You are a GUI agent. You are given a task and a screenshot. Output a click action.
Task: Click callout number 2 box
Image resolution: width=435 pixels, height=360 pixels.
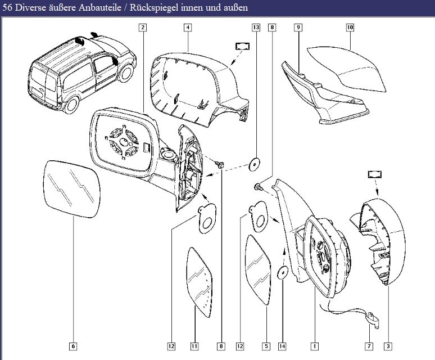[143, 27]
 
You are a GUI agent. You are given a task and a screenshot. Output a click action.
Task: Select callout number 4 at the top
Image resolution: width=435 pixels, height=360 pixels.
[187, 27]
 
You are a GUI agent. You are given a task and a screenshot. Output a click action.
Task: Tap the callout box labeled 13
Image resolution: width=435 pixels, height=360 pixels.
[256, 27]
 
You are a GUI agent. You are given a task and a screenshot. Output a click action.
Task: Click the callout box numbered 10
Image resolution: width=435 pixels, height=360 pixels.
[350, 27]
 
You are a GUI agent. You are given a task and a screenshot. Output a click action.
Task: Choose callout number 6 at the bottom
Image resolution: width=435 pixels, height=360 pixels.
[73, 346]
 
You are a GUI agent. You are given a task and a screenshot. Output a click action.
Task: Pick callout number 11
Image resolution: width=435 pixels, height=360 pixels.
[194, 346]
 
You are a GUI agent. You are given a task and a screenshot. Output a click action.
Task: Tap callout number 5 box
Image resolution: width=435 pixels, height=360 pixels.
[266, 346]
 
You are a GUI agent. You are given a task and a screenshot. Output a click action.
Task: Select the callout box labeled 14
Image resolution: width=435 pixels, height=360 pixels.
[282, 346]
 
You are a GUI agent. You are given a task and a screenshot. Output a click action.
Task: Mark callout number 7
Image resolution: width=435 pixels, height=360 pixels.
[369, 346]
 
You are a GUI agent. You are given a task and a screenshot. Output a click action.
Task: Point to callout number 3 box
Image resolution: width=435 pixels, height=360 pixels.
[388, 346]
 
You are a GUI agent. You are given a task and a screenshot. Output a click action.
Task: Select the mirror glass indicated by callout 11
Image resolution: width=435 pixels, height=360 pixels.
[201, 277]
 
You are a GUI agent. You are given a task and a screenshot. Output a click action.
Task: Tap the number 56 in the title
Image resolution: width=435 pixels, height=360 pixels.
[8, 8]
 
